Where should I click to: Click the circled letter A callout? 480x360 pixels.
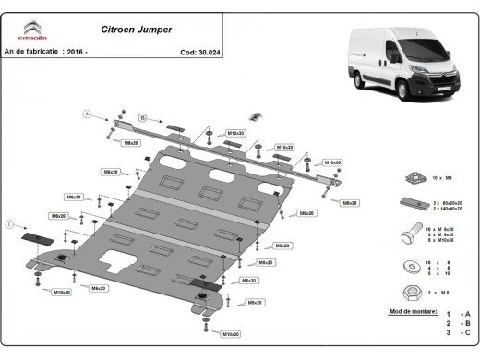pyautogui.click(x=89, y=114)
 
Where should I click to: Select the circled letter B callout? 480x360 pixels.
pyautogui.click(x=143, y=117)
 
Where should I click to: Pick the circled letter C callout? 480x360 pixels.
pyautogui.click(x=10, y=224)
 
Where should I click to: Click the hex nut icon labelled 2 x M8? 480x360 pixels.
pyautogui.click(x=408, y=291)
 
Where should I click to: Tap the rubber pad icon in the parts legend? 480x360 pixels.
pyautogui.click(x=408, y=205)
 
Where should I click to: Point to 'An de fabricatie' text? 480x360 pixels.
pyautogui.click(x=31, y=53)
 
